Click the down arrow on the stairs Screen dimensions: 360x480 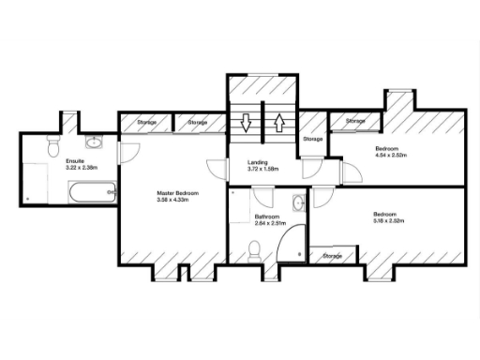click(246, 123)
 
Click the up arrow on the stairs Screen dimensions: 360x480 click(278, 123)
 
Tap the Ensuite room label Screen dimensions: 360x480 click(76, 161)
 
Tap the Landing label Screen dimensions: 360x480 click(257, 163)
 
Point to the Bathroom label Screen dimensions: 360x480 click(267, 217)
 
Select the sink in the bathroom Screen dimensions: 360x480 click(297, 202)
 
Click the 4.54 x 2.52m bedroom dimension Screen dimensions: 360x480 click(395, 156)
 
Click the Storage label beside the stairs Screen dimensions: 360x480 click(313, 139)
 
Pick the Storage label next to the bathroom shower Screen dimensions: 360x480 click(333, 255)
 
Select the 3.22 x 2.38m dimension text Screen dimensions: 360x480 click(77, 168)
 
